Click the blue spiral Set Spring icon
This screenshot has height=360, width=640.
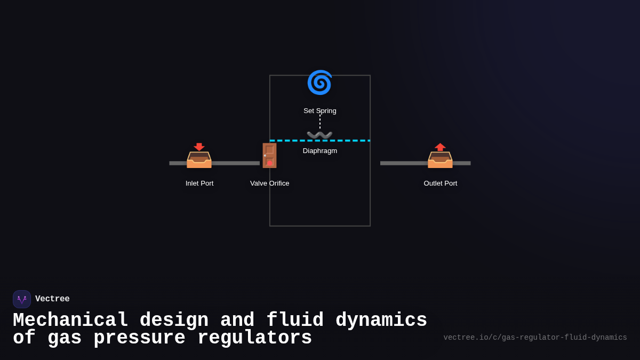tap(319, 83)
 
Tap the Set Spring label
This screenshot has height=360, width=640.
tap(320, 111)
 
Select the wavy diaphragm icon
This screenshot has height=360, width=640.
tap(319, 134)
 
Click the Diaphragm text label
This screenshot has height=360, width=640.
tap(320, 151)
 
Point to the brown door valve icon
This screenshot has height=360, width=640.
tap(269, 155)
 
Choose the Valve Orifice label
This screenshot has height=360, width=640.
tap(270, 183)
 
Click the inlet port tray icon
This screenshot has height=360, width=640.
tap(199, 160)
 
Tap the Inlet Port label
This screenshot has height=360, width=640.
tap(199, 183)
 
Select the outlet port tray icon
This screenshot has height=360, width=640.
tap(440, 160)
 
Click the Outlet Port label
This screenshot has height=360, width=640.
tap(441, 183)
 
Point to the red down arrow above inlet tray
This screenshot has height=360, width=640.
tap(199, 147)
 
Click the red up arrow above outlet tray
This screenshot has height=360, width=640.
tap(440, 147)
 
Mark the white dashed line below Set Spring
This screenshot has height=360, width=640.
tap(320, 122)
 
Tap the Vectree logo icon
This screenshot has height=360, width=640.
tap(22, 299)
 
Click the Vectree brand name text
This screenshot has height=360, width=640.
tap(52, 299)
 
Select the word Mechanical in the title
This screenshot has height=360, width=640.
tap(70, 321)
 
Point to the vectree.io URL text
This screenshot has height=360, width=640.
tap(535, 338)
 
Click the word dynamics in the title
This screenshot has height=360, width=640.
tap(381, 321)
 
